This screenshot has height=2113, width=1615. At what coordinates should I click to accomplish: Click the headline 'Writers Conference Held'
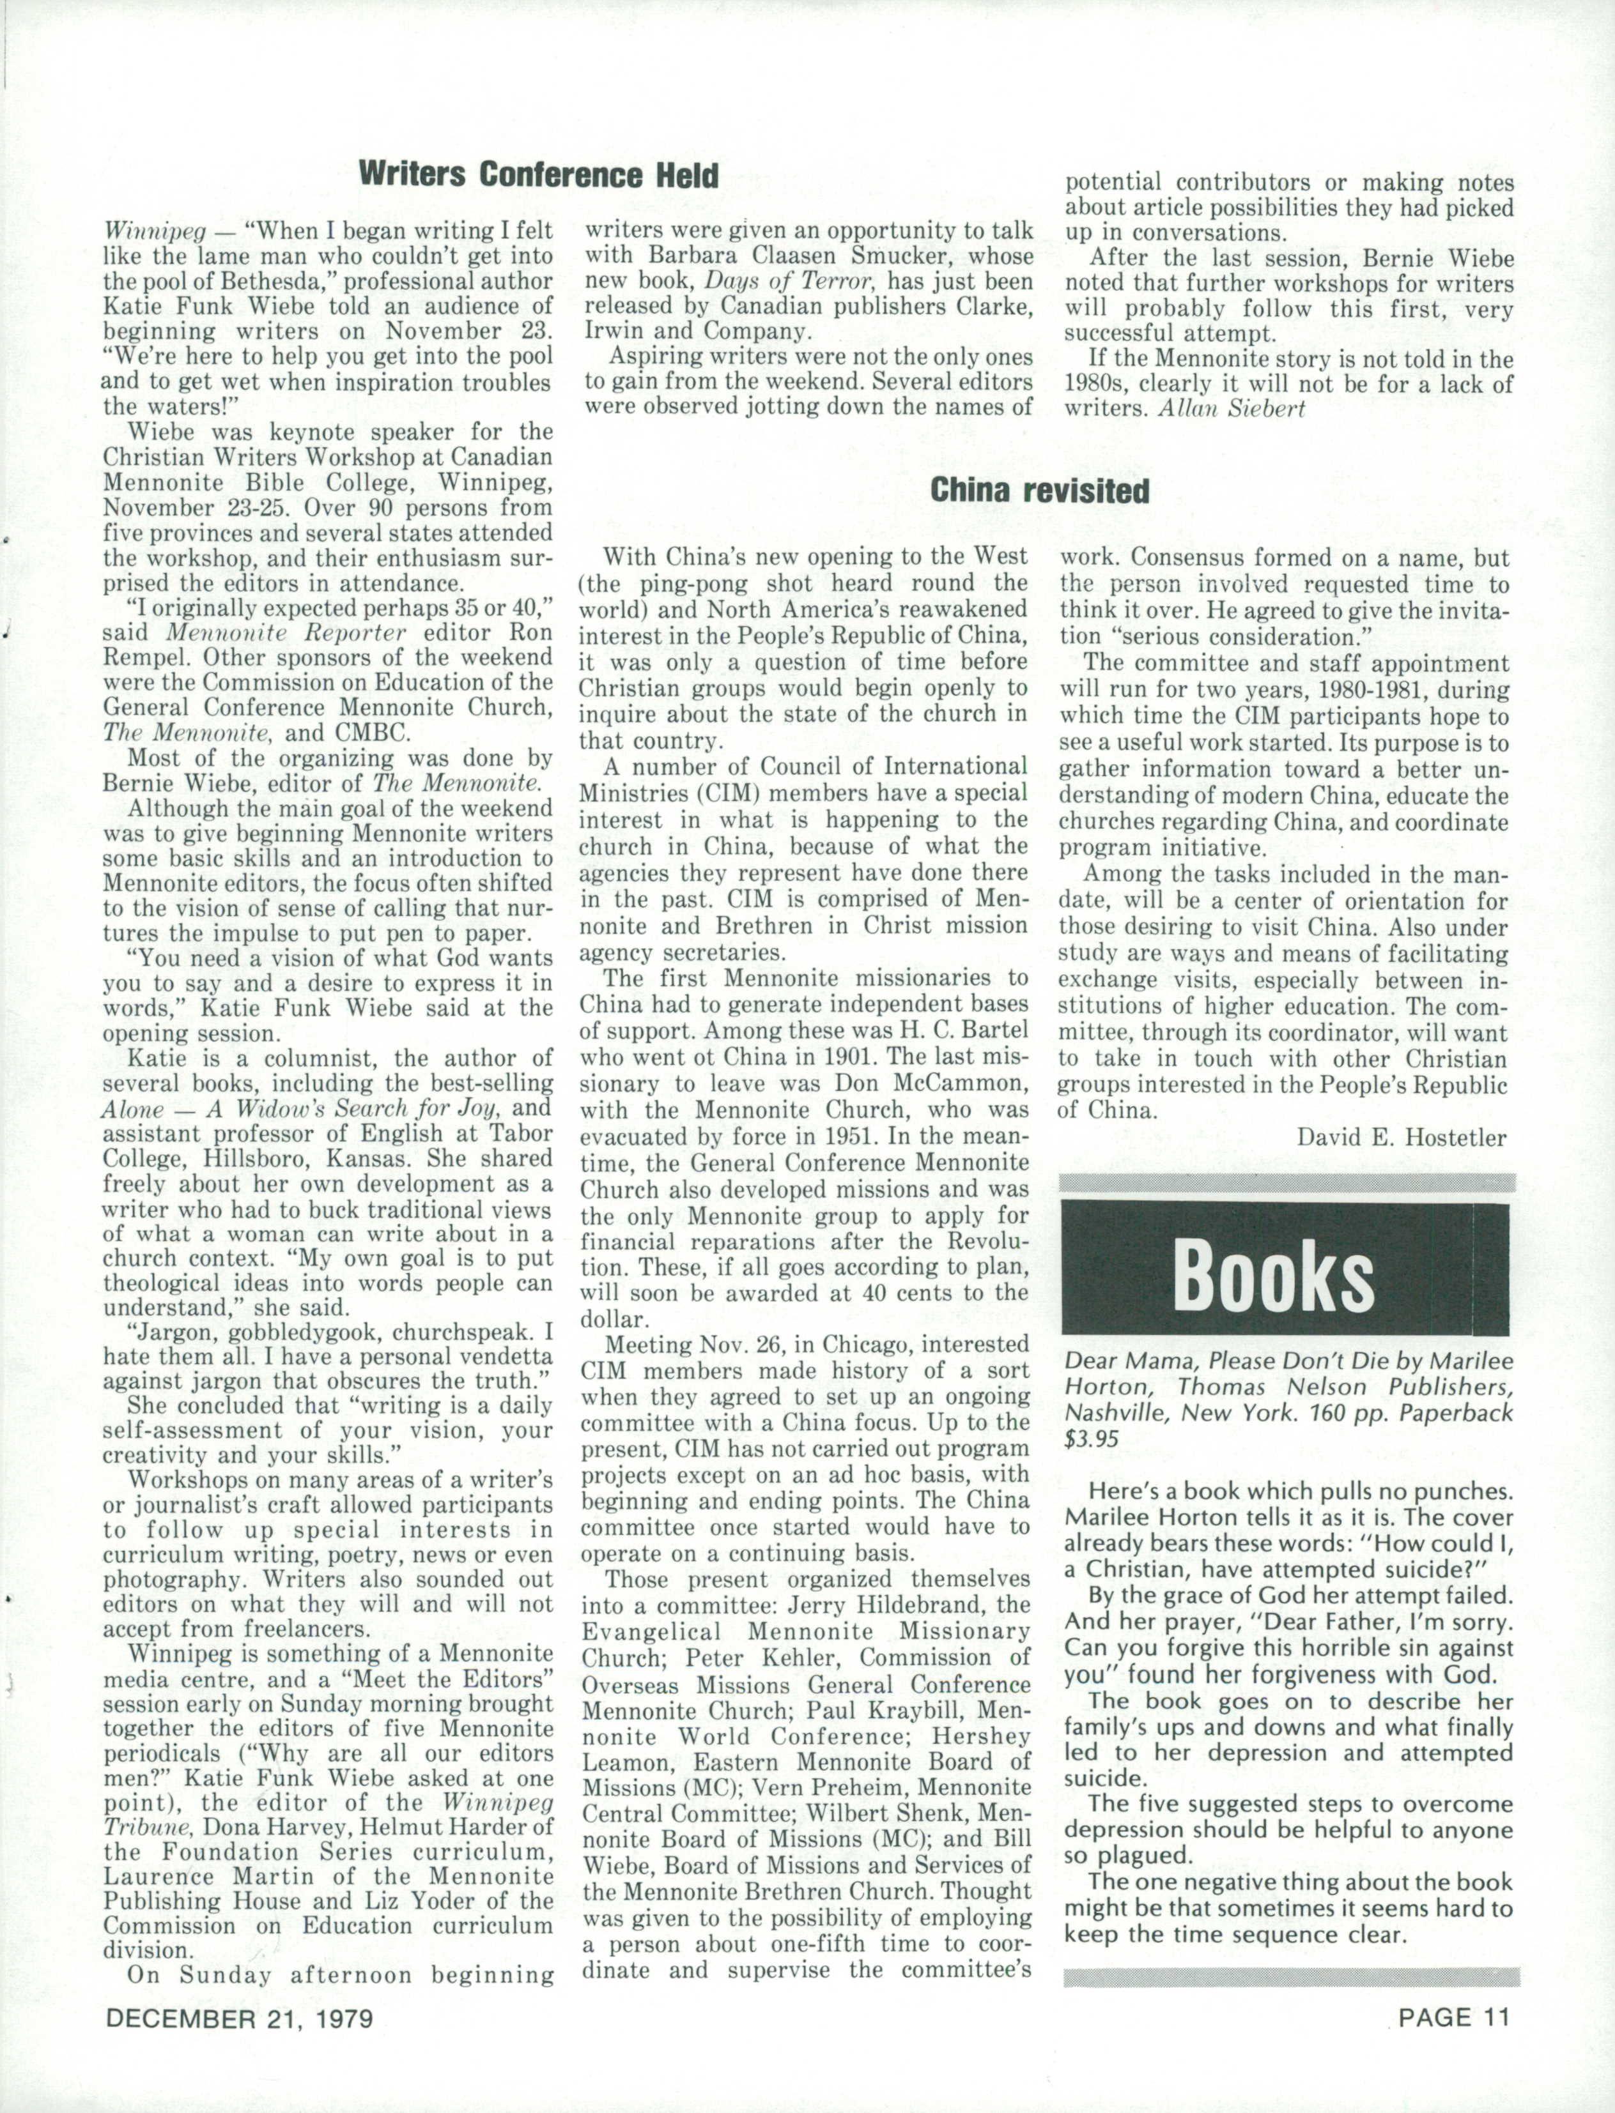(x=537, y=175)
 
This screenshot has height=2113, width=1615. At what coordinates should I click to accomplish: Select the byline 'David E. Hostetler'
(x=1402, y=1139)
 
